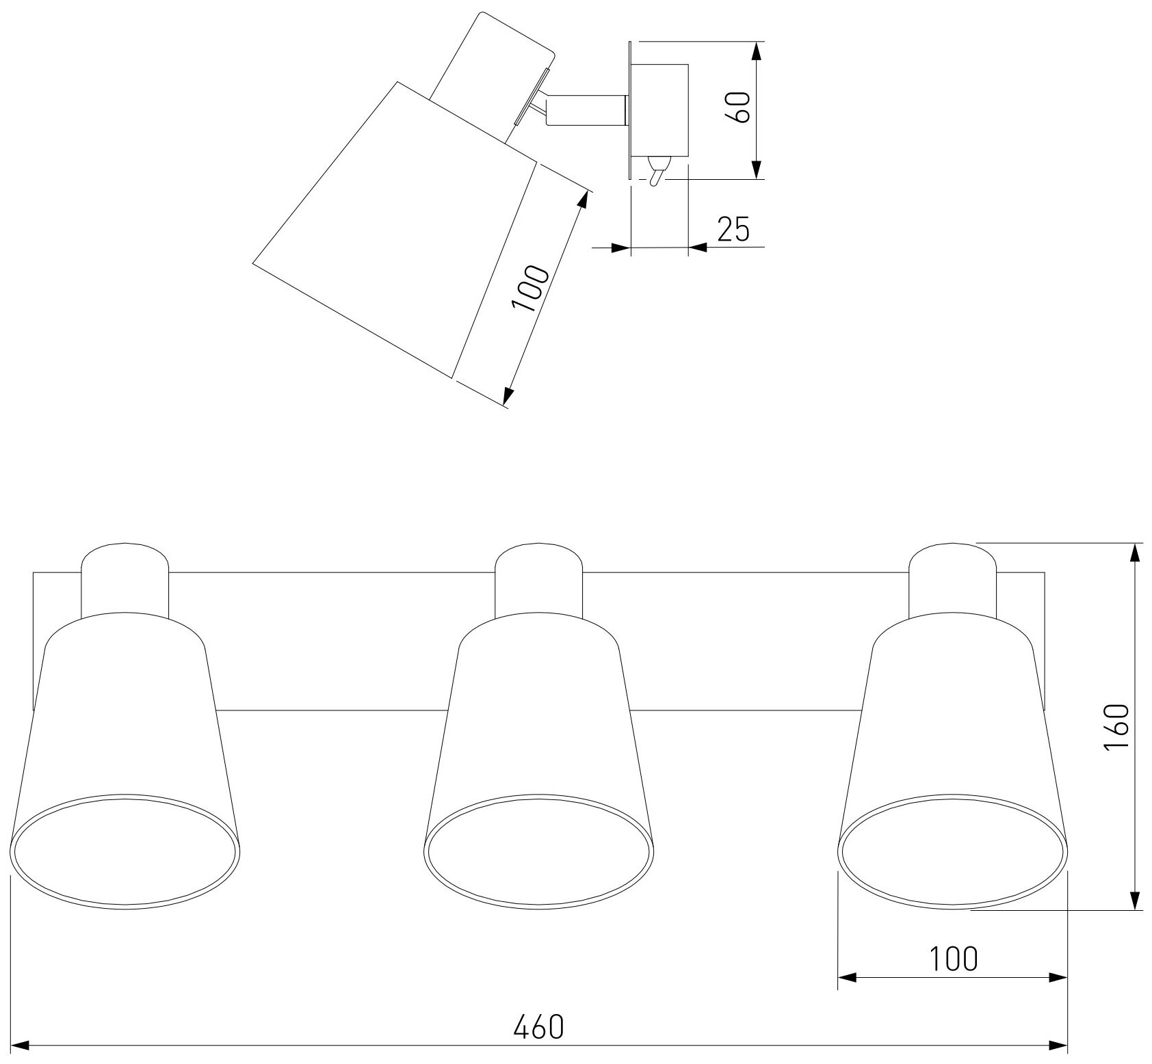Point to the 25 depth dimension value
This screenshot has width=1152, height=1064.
(x=733, y=230)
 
